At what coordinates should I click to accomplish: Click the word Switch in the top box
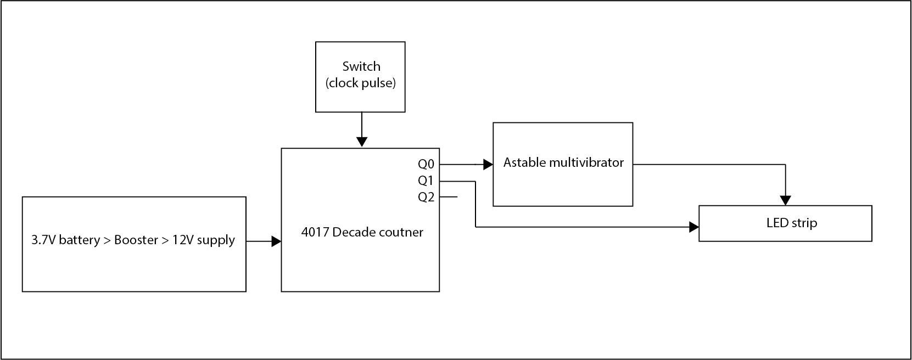(361, 66)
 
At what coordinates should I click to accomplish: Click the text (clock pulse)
(361, 83)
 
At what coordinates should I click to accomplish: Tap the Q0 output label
(426, 164)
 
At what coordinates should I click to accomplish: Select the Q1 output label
(426, 181)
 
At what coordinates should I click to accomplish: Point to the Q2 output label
(426, 197)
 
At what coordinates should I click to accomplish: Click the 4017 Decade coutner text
(362, 232)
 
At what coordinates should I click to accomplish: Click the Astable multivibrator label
(563, 162)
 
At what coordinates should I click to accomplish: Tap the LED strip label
(791, 223)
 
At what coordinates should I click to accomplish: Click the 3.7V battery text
(65, 240)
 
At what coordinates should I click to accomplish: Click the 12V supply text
(204, 240)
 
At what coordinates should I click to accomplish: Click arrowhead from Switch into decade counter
(361, 142)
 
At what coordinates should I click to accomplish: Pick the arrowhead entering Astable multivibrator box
(488, 164)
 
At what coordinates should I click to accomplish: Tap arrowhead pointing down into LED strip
(785, 200)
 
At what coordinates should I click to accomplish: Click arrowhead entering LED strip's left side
(693, 227)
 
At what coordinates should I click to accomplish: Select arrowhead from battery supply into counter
(276, 241)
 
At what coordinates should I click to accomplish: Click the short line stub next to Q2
(449, 197)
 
